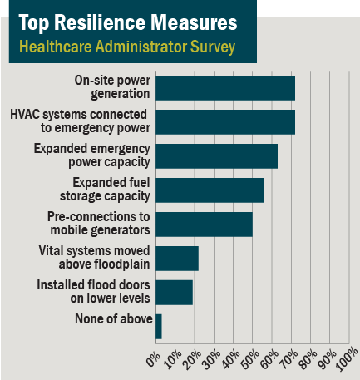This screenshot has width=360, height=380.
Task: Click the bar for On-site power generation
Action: click(x=225, y=87)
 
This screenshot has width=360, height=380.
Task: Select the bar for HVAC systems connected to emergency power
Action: click(x=225, y=121)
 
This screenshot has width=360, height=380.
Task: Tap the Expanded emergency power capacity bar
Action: click(x=216, y=155)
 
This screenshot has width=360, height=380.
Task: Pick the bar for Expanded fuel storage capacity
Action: click(x=210, y=190)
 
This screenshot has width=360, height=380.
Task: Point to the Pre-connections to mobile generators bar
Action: click(x=204, y=224)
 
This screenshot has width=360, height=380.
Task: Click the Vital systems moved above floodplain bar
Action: click(x=177, y=258)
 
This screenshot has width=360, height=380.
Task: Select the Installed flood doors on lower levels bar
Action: click(x=174, y=292)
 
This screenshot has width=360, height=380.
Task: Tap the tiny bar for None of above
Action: click(x=159, y=326)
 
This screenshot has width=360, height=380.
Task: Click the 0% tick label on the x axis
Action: click(x=153, y=358)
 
